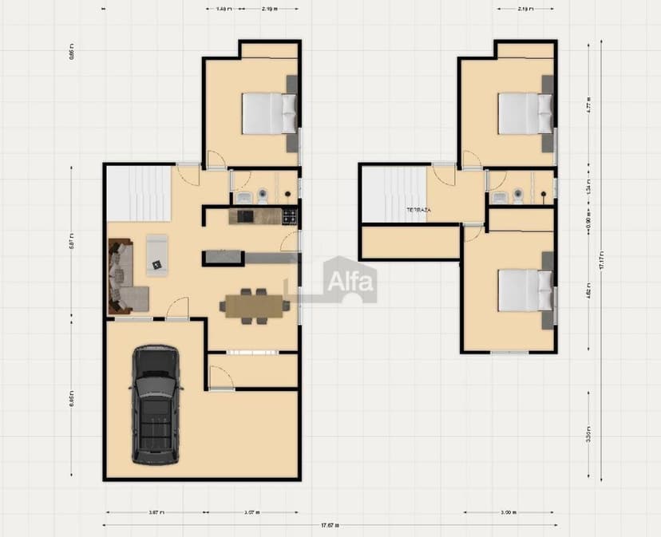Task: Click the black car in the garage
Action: [x=156, y=405]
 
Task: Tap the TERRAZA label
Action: [x=418, y=210]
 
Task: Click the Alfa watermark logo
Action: [x=349, y=280]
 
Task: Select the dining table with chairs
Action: [x=255, y=306]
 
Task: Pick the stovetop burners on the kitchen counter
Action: [x=289, y=215]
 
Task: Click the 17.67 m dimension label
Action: [x=329, y=525]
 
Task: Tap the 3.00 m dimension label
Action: [x=508, y=512]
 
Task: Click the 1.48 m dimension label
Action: [x=224, y=9]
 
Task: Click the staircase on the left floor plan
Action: [x=139, y=192]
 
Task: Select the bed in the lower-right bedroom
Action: [x=524, y=290]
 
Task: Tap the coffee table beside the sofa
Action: [x=157, y=255]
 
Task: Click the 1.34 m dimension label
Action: [x=588, y=191]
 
